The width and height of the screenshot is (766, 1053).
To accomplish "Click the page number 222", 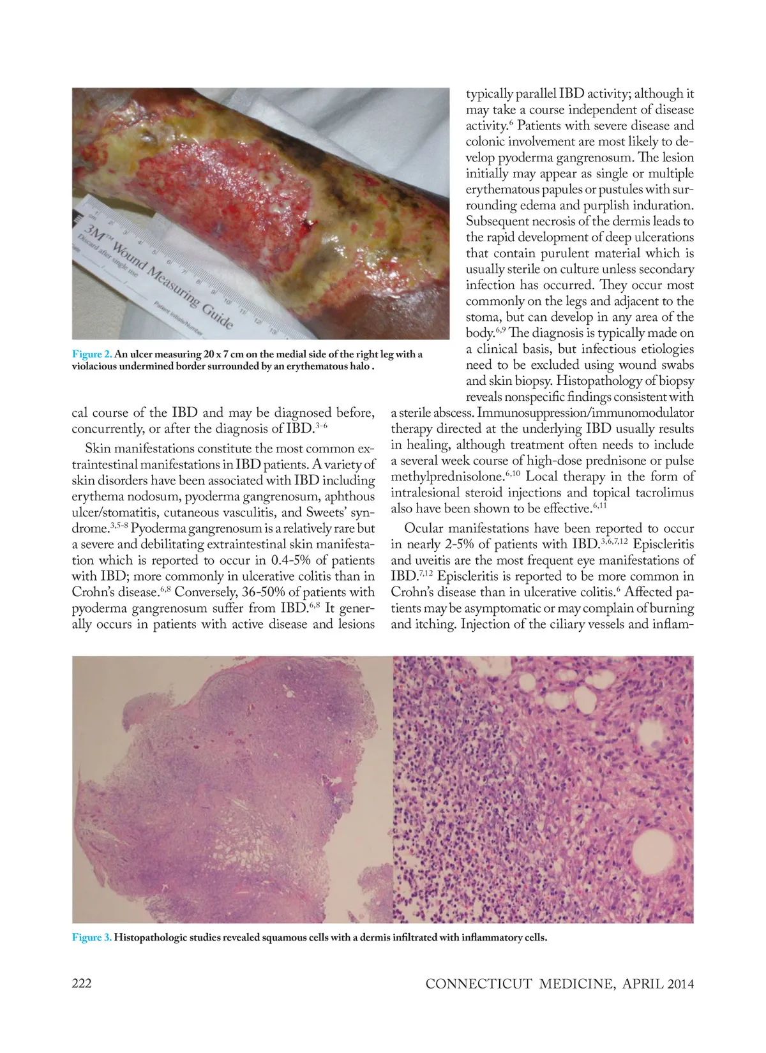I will click(82, 983).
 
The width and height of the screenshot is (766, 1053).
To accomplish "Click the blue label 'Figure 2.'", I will click(92, 354).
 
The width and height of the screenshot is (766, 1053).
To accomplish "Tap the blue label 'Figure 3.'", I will click(92, 937).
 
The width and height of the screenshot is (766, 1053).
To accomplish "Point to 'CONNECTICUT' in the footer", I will click(478, 984).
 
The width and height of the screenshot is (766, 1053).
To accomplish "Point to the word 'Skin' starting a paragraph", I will click(98, 449).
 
